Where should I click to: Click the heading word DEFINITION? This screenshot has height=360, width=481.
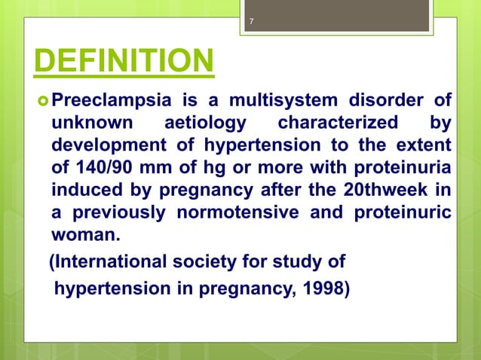tap(122, 63)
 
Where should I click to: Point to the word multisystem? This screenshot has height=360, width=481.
tap(277, 99)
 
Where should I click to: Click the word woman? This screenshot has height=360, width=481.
tap(85, 233)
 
